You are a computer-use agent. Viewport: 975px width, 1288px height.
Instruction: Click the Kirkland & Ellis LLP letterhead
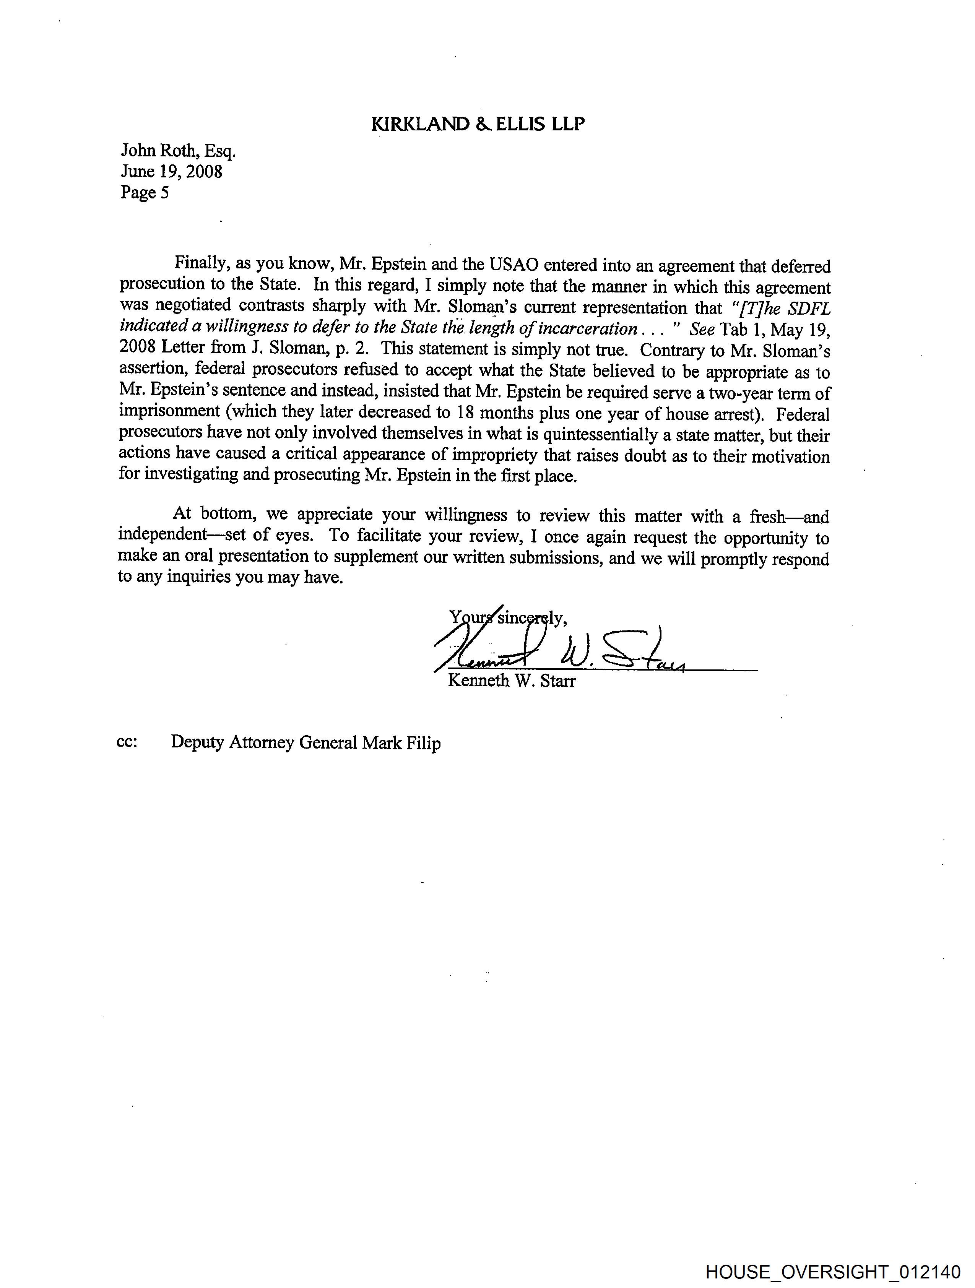(478, 124)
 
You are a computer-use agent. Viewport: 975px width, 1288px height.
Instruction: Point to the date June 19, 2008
(171, 171)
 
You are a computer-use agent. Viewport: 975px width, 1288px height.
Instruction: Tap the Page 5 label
(145, 192)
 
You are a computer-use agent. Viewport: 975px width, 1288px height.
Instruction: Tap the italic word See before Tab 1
(701, 330)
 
